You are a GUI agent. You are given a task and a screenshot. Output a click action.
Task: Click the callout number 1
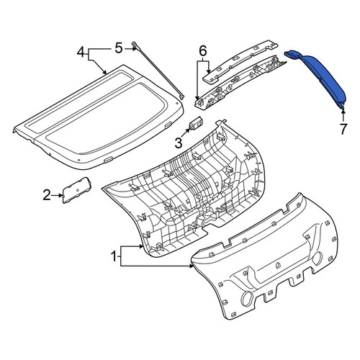pyautogui.click(x=114, y=256)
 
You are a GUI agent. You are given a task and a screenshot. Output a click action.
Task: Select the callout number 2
pyautogui.click(x=47, y=195)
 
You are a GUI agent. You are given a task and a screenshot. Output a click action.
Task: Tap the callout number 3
pyautogui.click(x=179, y=143)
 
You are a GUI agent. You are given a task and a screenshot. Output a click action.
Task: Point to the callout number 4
pyautogui.click(x=81, y=53)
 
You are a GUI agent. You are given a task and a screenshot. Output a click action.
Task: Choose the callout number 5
pyautogui.click(x=119, y=48)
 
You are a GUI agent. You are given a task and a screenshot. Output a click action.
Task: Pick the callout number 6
pyautogui.click(x=203, y=51)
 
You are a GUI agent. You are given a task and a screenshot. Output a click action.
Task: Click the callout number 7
pyautogui.click(x=343, y=129)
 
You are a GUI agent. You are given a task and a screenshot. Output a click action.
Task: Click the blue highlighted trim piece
pyautogui.click(x=319, y=77)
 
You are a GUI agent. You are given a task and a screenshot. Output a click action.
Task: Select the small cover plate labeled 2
pyautogui.click(x=77, y=190)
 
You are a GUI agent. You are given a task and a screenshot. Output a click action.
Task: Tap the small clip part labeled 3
pyautogui.click(x=197, y=123)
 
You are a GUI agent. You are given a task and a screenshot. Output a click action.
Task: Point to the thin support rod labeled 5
pyautogui.click(x=158, y=71)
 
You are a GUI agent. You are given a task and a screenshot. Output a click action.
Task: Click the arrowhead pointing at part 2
pyautogui.click(x=60, y=195)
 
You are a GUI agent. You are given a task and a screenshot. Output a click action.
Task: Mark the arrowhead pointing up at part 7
pyautogui.click(x=343, y=110)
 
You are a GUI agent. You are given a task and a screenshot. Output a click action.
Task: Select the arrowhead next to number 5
pyautogui.click(x=134, y=48)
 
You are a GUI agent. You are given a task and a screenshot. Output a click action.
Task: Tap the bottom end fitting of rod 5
pyautogui.click(x=182, y=97)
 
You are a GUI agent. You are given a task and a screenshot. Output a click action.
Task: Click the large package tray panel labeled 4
pyautogui.click(x=99, y=117)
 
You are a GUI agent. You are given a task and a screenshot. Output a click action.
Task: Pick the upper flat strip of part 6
pyautogui.click(x=240, y=62)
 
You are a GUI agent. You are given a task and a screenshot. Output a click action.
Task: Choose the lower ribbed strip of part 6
pyautogui.click(x=240, y=83)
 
